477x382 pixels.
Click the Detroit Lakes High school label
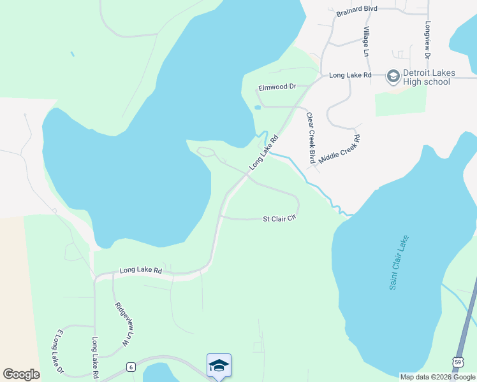click(x=427, y=77)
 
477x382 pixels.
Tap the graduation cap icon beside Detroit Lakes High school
click(x=393, y=77)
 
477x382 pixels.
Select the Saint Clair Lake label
click(x=399, y=263)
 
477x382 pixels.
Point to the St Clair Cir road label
click(x=280, y=218)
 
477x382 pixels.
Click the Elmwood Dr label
click(x=277, y=87)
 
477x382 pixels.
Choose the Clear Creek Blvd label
click(x=311, y=138)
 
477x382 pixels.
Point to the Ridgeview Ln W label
click(x=121, y=323)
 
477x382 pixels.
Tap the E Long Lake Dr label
click(x=61, y=351)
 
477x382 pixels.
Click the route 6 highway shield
click(x=130, y=367)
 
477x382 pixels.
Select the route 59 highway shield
click(x=458, y=362)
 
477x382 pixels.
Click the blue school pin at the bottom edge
click(x=219, y=365)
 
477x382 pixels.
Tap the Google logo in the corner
click(x=21, y=374)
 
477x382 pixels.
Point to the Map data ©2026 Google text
click(x=437, y=377)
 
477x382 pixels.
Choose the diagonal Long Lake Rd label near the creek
click(x=264, y=152)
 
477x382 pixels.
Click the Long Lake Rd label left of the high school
click(x=350, y=75)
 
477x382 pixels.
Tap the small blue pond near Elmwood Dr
click(x=257, y=107)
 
